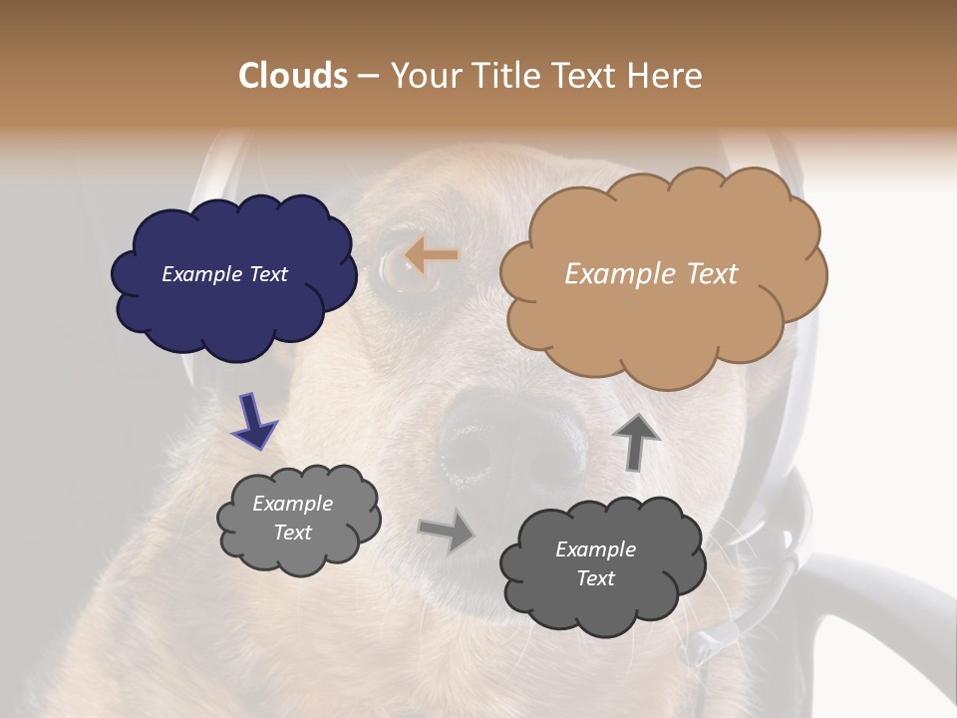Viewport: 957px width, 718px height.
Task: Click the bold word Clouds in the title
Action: click(x=294, y=76)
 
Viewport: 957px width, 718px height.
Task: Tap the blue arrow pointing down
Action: click(x=253, y=420)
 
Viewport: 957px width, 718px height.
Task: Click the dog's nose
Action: click(x=508, y=439)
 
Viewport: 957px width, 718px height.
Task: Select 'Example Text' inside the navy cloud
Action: click(x=224, y=274)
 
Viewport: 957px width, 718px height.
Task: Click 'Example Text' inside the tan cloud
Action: click(x=651, y=274)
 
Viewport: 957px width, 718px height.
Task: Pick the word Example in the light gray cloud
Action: click(x=292, y=505)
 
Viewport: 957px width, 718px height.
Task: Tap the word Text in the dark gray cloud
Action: click(x=595, y=578)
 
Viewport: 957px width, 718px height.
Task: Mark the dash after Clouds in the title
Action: click(x=367, y=76)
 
